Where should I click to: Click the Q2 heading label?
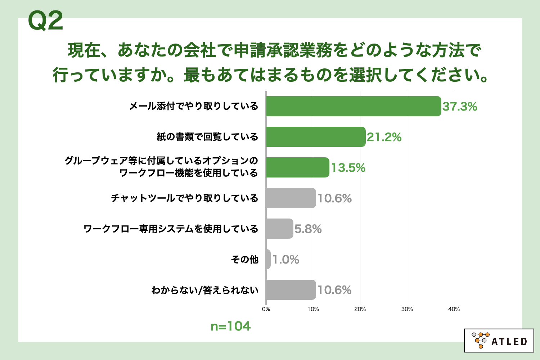pos(46,21)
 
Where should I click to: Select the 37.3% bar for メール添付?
pos(354,106)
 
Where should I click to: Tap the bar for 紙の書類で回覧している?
pos(316,137)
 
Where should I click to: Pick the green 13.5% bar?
pos(298,168)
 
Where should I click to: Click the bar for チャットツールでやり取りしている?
pos(291,198)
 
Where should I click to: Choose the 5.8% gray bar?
pos(280,229)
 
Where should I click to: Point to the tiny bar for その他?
pos(268,259)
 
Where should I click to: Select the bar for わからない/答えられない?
pos(291,290)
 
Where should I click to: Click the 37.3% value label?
pos(460,107)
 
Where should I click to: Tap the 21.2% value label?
pos(384,137)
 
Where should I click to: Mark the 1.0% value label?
pos(286,260)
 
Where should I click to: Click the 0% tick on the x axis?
pos(266,309)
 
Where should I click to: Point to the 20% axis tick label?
pos(360,309)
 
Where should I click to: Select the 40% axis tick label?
pos(454,309)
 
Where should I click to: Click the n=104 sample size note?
pos(231,326)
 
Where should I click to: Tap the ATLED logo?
pos(499,341)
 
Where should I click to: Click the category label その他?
pos(245,260)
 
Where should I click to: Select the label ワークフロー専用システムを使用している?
pos(171,229)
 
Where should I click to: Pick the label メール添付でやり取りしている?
pos(194,106)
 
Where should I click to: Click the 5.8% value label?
pos(308,229)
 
